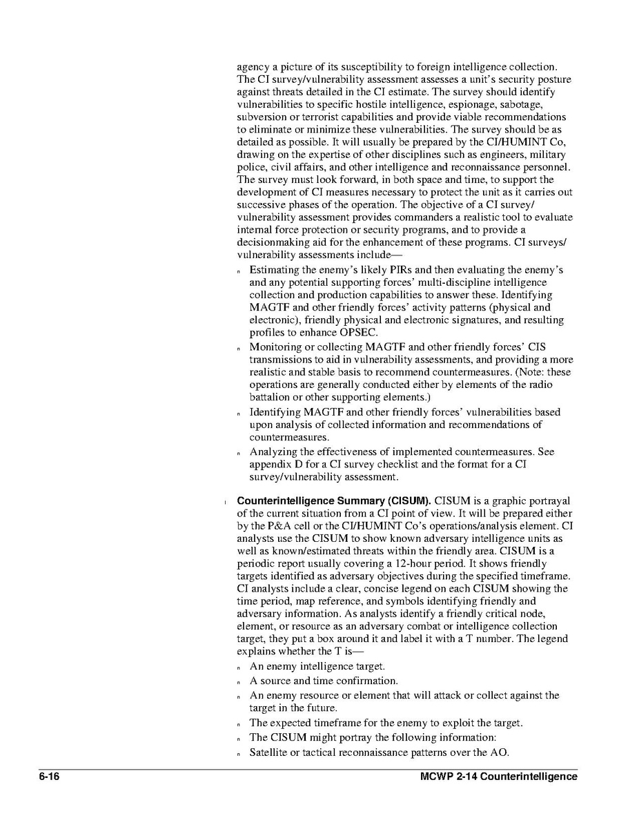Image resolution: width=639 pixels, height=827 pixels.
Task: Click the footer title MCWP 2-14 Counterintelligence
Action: tap(498, 777)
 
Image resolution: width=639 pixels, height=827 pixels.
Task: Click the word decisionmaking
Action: tap(274, 242)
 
